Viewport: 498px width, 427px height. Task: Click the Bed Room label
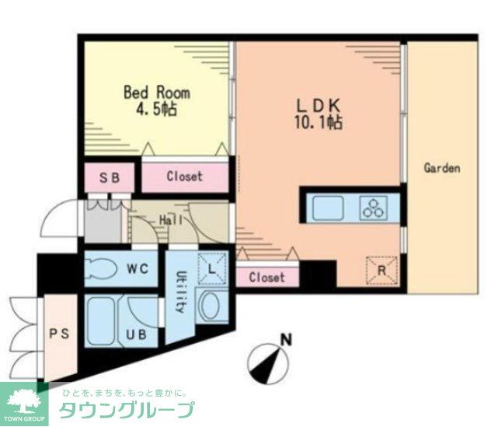pyautogui.click(x=157, y=92)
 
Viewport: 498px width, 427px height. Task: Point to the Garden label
pyautogui.click(x=442, y=167)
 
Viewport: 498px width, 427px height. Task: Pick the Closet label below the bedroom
pyautogui.click(x=184, y=177)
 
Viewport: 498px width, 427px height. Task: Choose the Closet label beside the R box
pyautogui.click(x=266, y=277)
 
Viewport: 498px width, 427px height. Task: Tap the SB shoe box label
pyautogui.click(x=110, y=177)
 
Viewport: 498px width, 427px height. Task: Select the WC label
pyautogui.click(x=138, y=269)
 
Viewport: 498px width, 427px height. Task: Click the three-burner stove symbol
pyautogui.click(x=374, y=208)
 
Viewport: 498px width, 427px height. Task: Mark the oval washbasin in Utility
pyautogui.click(x=211, y=307)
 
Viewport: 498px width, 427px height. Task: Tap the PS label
pyautogui.click(x=60, y=334)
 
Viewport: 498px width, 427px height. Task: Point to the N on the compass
pyautogui.click(x=286, y=339)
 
